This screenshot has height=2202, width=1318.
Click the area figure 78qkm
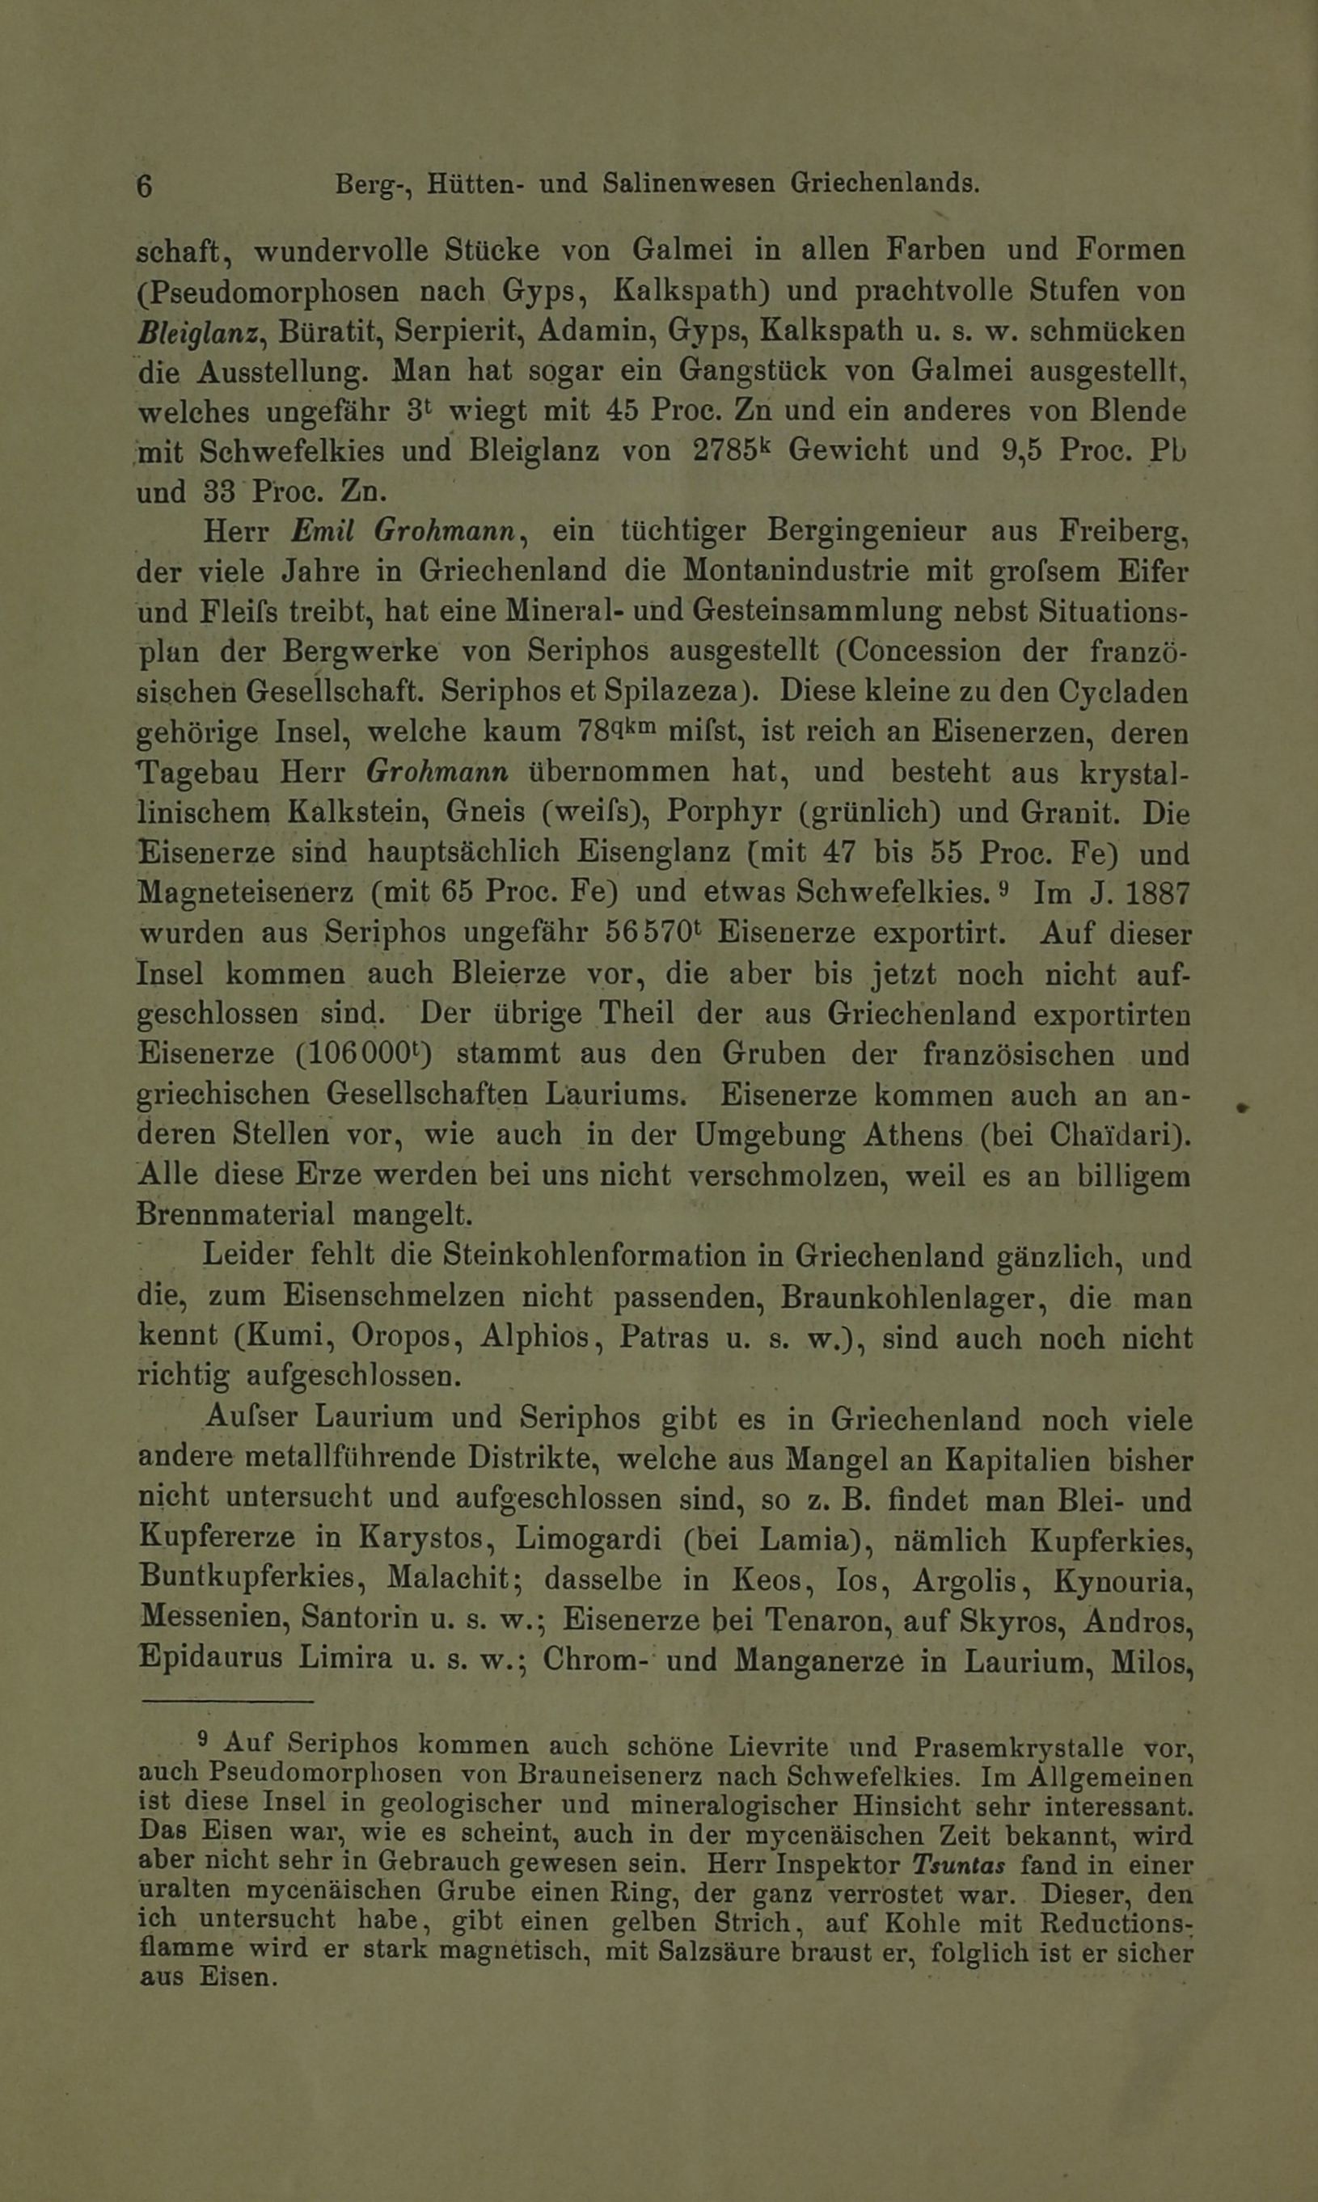point(615,730)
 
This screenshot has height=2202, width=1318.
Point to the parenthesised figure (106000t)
point(362,1054)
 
